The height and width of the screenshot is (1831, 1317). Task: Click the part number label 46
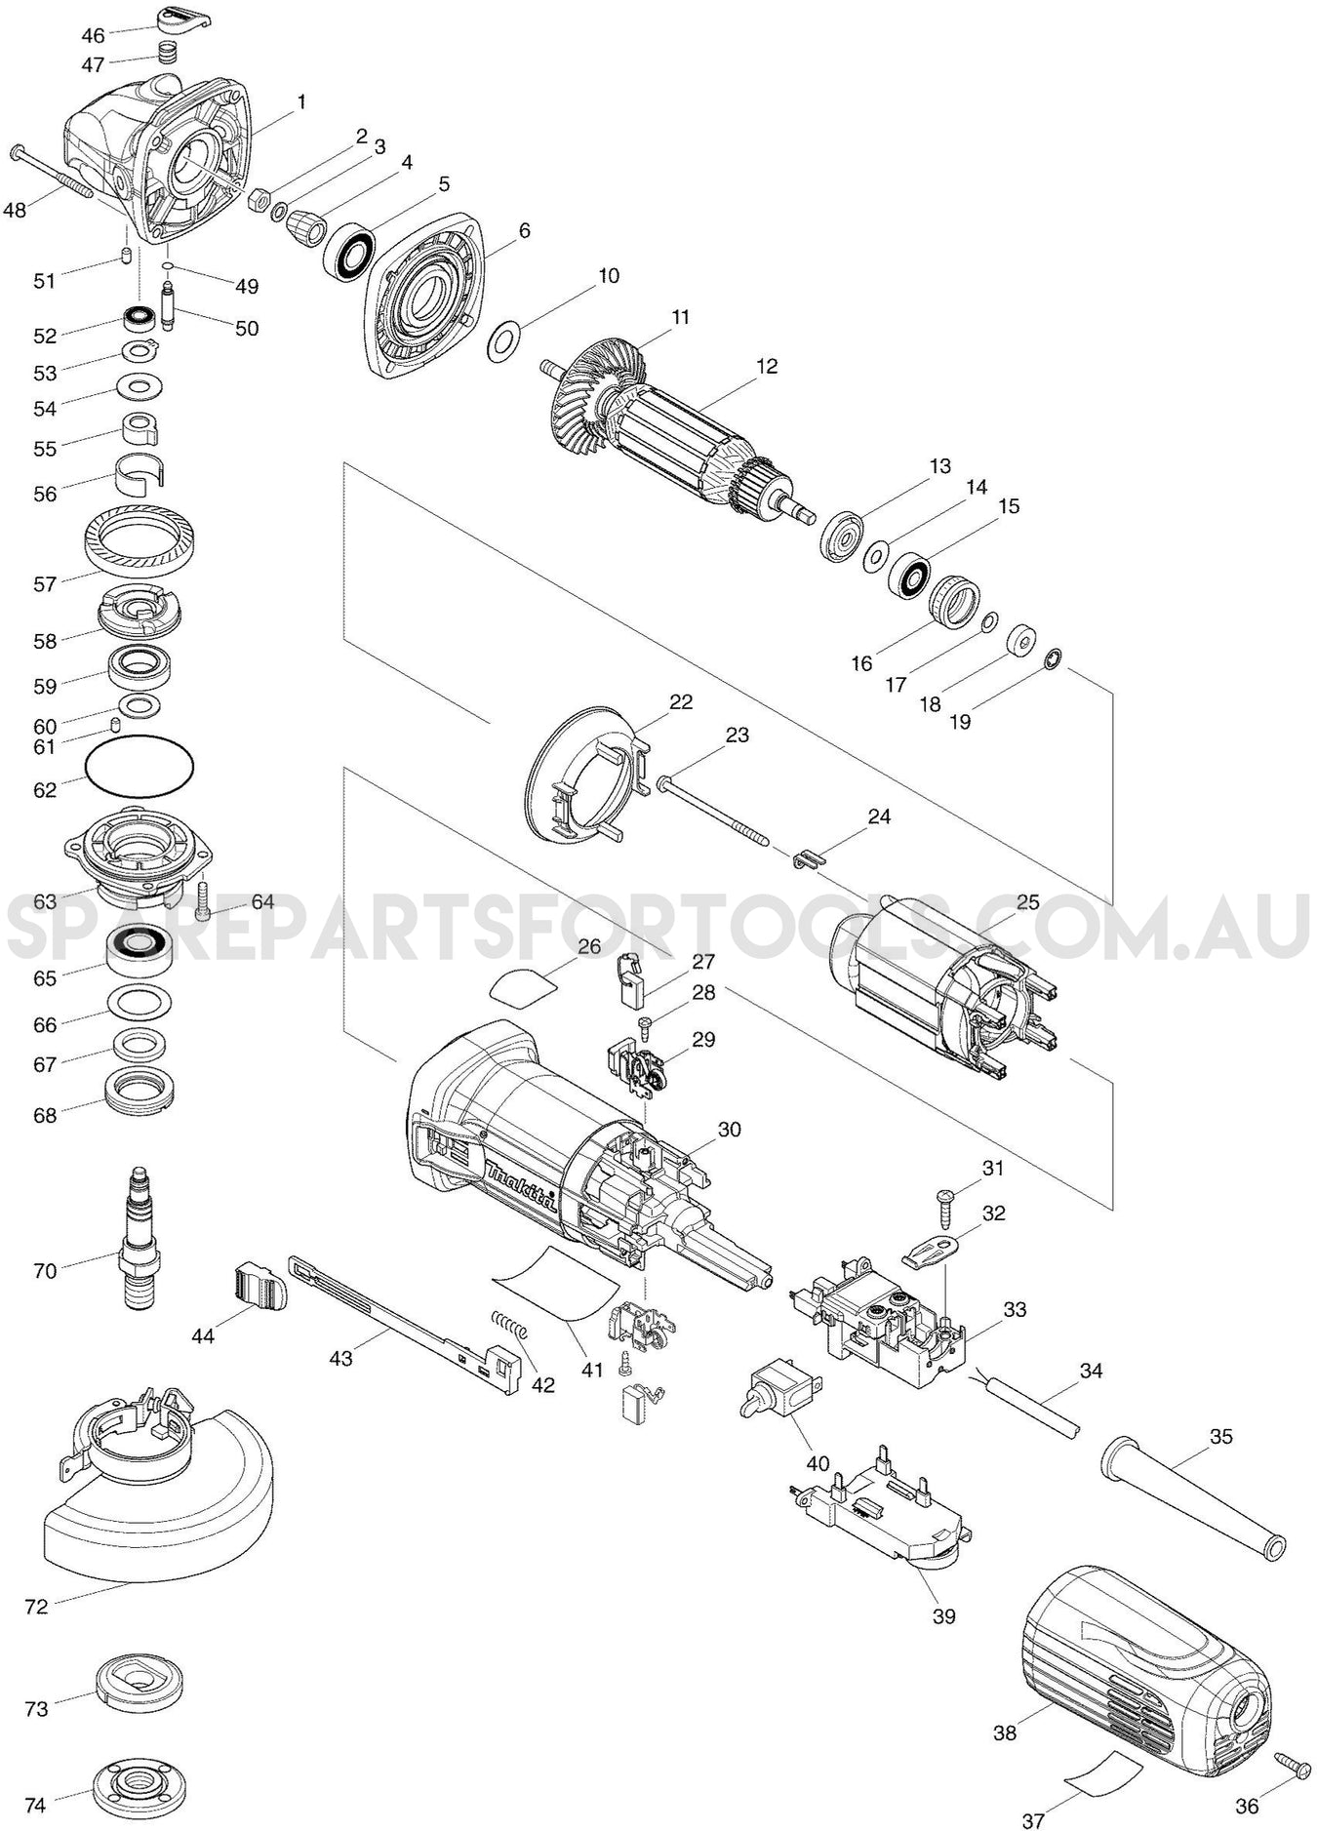93,36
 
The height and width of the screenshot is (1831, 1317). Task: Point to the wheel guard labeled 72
156,1517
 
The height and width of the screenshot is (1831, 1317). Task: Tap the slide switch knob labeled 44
261,1286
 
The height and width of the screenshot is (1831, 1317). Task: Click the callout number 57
46,584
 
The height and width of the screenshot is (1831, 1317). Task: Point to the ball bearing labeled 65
140,946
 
